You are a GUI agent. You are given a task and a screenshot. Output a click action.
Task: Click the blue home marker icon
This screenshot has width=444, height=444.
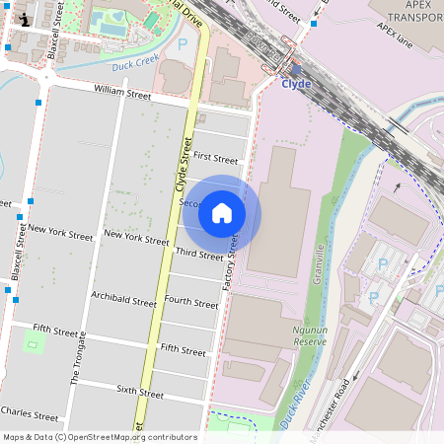222,212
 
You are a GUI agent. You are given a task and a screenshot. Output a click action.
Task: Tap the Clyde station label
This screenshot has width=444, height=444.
296,84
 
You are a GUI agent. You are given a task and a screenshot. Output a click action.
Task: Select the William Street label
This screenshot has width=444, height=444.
122,95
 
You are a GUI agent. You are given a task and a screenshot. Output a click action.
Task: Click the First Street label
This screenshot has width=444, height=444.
215,158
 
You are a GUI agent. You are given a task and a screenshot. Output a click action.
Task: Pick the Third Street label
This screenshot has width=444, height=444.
198,254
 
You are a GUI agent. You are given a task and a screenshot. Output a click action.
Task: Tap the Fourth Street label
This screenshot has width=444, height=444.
191,301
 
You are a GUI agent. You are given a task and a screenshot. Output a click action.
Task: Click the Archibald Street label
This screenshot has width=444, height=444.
122,299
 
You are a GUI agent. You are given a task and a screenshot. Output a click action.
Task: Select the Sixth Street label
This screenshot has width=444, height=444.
140,392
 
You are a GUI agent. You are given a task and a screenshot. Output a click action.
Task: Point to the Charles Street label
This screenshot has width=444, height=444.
30,413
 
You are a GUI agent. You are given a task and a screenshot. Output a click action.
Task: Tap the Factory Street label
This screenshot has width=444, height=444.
230,262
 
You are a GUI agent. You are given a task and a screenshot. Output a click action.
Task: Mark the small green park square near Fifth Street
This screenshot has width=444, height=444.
34,343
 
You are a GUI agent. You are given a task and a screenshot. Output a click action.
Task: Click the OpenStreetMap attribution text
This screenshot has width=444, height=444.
100,437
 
